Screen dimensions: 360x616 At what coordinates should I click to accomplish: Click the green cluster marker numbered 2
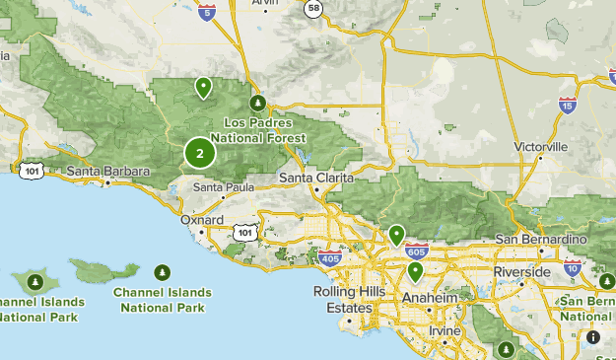click(200, 153)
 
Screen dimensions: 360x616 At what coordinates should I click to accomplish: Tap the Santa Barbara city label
click(108, 172)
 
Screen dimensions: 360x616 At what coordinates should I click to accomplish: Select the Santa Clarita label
click(312, 178)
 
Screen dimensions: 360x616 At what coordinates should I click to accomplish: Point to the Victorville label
click(541, 147)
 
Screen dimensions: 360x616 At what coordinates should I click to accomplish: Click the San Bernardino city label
click(540, 239)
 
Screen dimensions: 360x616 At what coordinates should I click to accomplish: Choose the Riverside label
click(522, 271)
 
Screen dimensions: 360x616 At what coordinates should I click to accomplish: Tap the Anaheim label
click(430, 298)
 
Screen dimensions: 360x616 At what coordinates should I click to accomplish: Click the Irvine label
click(445, 330)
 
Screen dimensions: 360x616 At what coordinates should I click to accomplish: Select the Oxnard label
click(203, 220)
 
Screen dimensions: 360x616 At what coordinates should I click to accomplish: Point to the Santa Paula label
click(219, 186)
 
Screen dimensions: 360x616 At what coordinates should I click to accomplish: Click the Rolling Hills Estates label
click(344, 300)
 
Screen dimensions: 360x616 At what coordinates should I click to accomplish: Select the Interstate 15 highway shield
click(567, 106)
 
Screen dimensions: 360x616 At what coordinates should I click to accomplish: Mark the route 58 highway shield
click(313, 9)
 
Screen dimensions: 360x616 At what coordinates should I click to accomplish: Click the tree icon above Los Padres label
click(258, 103)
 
